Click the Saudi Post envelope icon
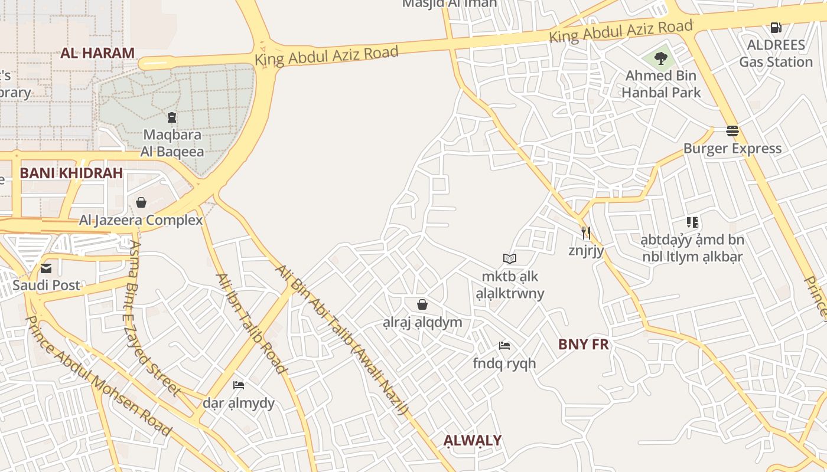[46, 268]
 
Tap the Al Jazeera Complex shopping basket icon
[141, 203]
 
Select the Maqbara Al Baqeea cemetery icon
[172, 117]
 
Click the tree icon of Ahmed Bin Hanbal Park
[661, 58]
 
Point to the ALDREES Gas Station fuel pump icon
[776, 27]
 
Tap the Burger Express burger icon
[732, 131]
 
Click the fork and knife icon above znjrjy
[585, 232]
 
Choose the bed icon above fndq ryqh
[504, 346]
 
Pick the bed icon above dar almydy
[239, 385]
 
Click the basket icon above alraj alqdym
[422, 304]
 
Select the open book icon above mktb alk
[510, 258]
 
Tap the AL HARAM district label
[97, 53]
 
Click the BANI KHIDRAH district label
[71, 173]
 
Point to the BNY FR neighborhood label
[583, 345]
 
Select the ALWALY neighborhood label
[473, 441]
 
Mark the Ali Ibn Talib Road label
[251, 323]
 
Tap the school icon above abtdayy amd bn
[692, 222]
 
